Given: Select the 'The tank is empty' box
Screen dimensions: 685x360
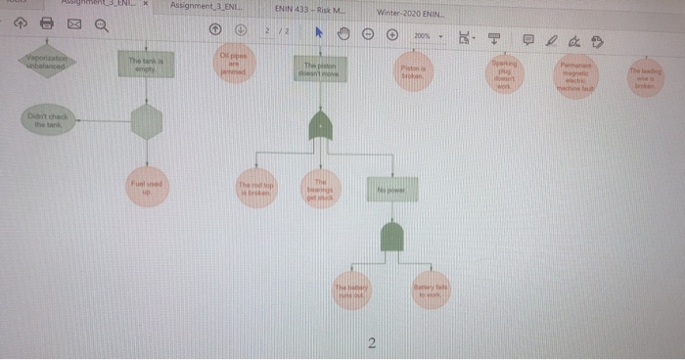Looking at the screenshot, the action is point(146,65).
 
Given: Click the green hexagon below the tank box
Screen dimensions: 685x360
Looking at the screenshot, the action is point(146,122).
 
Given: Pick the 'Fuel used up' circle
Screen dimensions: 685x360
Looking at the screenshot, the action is point(146,186).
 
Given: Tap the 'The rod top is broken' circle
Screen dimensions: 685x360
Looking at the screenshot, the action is point(255,188).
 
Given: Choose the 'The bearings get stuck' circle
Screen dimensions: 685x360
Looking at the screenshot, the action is point(318,189).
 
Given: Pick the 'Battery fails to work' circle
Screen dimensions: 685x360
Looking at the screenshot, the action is point(428,289).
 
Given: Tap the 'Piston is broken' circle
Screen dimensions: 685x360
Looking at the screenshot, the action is point(411,70).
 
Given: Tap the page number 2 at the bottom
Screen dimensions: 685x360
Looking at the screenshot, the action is point(371,342).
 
